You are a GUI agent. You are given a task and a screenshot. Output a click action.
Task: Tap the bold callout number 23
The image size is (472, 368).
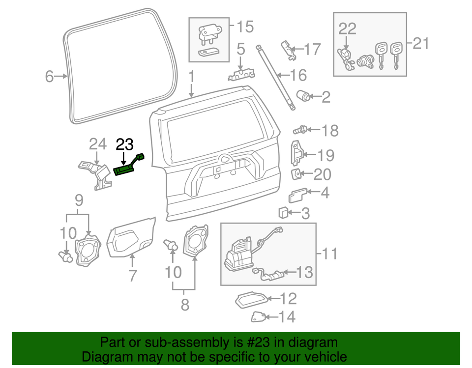(124, 144)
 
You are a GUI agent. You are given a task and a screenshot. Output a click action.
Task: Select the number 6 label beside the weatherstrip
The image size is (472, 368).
(49, 77)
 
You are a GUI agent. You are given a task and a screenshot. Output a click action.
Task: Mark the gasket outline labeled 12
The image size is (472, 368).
(252, 299)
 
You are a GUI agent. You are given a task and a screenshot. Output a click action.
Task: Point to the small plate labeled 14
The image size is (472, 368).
(260, 317)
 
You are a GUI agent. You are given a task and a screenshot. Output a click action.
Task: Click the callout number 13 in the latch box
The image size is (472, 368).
(304, 272)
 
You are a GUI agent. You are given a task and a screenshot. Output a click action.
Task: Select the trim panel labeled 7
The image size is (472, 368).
(130, 238)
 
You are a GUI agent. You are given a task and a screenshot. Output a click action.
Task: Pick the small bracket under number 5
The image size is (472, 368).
(240, 74)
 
